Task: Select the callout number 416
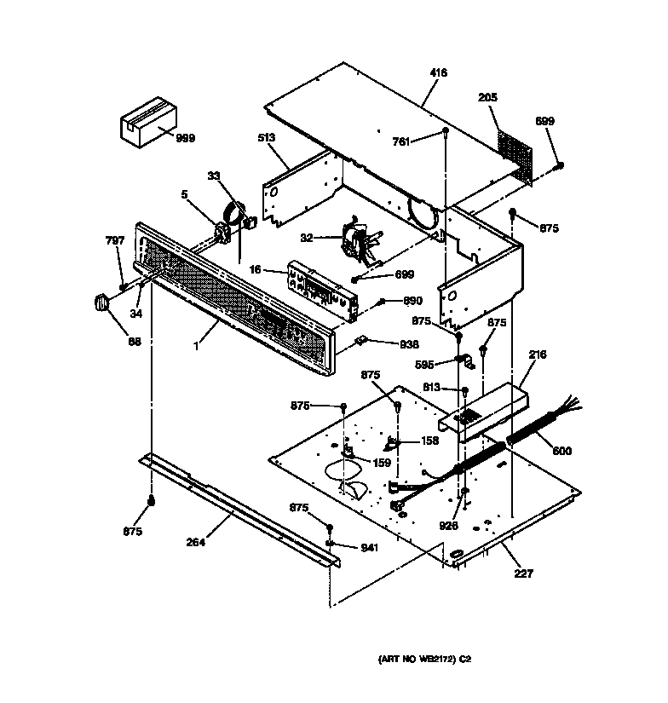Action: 440,74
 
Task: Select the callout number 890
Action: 412,301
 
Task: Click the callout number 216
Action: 537,354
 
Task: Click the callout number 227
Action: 523,573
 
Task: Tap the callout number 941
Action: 367,548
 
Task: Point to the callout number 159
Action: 382,463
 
